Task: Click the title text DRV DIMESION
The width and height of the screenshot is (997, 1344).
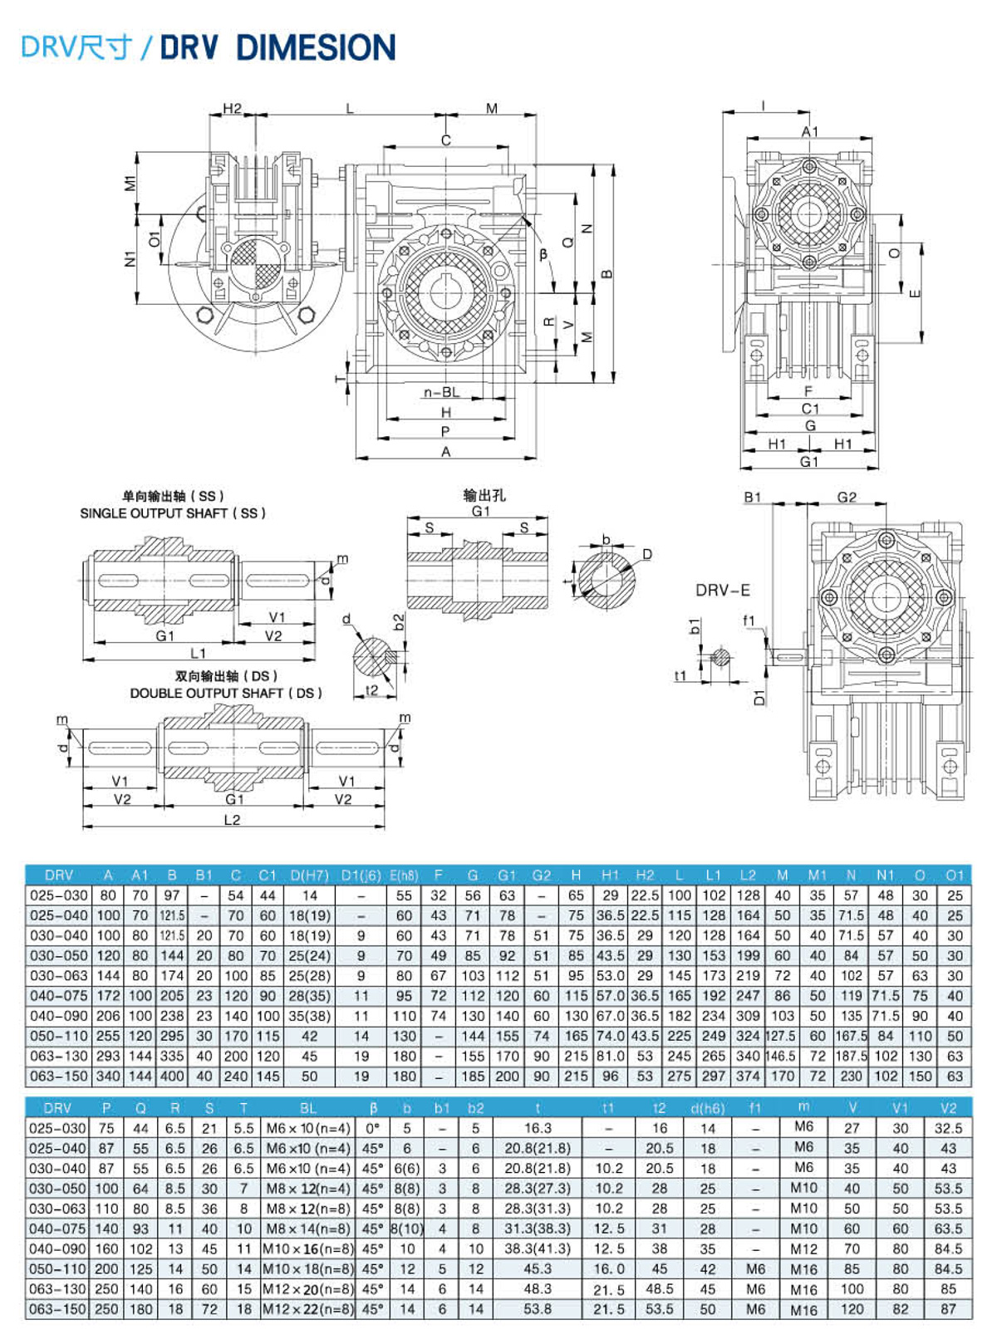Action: point(277,47)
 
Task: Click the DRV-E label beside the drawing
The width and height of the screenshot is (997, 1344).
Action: point(722,590)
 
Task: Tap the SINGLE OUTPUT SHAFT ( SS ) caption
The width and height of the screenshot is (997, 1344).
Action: point(173,513)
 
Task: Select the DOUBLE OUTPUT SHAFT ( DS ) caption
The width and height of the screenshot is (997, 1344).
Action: point(226,693)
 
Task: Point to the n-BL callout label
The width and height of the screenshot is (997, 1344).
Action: point(441,392)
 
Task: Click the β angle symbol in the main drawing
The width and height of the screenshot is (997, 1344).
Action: point(543,255)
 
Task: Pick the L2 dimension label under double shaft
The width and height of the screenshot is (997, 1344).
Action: point(232,820)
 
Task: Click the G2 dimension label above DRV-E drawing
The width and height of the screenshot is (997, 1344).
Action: point(847,497)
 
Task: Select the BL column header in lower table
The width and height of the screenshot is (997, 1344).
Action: point(308,1108)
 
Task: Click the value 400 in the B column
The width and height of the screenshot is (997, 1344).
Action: point(172,1077)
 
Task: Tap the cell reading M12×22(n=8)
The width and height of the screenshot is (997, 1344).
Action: point(308,1309)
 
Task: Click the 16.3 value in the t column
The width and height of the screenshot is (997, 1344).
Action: point(538,1128)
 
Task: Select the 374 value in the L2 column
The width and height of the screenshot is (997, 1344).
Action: point(748,1077)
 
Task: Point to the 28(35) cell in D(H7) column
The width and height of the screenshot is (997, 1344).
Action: point(310,996)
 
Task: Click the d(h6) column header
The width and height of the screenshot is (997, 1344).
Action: point(707,1108)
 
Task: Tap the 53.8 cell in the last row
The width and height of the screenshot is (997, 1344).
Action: point(538,1309)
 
